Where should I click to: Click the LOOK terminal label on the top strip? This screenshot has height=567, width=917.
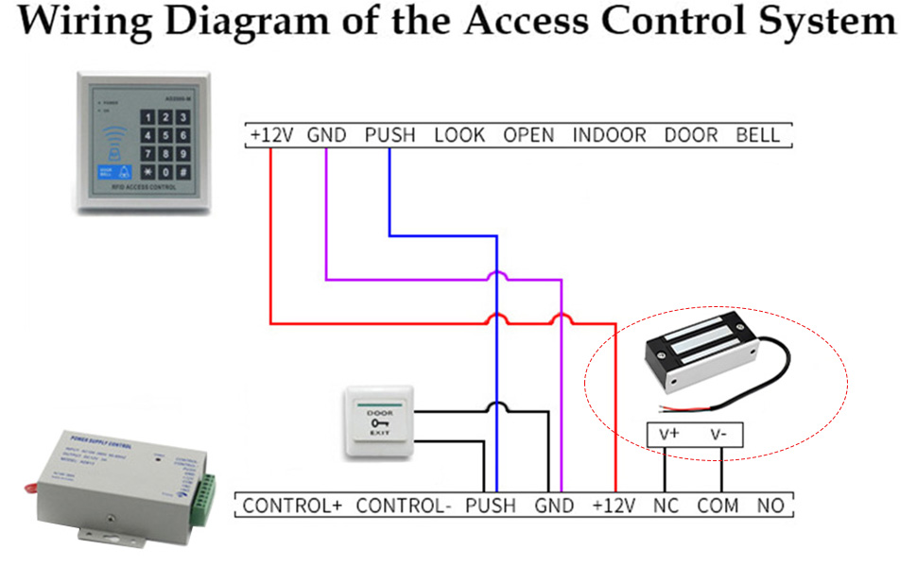(x=459, y=135)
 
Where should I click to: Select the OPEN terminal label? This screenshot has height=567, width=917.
(x=528, y=135)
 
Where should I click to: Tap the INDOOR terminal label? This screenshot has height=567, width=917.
(x=609, y=135)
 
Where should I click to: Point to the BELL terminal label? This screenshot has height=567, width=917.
(x=758, y=135)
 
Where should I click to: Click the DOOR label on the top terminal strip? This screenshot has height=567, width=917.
(x=691, y=135)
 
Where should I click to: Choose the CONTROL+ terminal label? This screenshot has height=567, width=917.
(x=292, y=506)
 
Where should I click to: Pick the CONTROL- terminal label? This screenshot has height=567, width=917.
(x=404, y=506)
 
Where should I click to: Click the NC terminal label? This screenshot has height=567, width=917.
(x=666, y=506)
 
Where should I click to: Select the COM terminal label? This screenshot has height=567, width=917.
(x=718, y=506)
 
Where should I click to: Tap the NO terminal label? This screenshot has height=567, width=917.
(x=770, y=506)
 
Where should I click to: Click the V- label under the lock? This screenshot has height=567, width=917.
(x=720, y=435)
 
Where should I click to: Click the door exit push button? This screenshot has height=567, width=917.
(x=379, y=422)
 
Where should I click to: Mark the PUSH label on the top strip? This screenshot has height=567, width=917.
(x=389, y=135)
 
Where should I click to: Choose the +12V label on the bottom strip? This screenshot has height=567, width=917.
(x=614, y=506)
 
